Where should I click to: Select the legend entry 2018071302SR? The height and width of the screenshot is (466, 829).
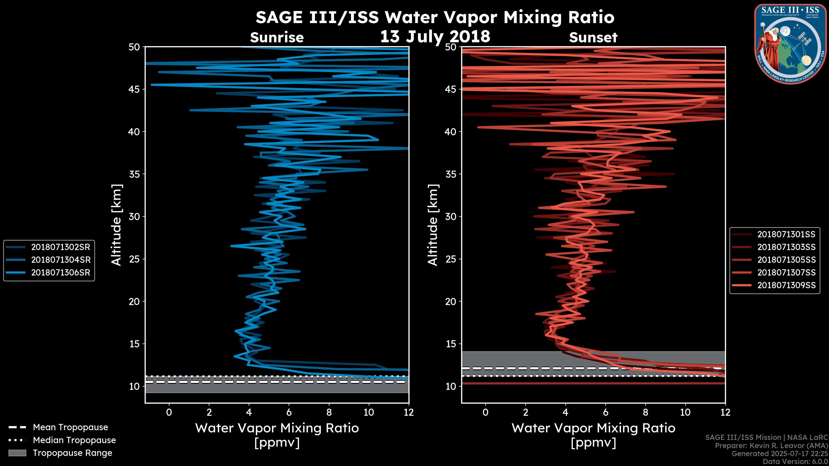tap(60, 247)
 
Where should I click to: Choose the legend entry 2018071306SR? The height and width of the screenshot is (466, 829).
tap(60, 272)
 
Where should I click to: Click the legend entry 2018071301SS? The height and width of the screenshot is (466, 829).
tap(786, 234)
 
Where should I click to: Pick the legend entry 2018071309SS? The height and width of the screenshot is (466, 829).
tap(786, 285)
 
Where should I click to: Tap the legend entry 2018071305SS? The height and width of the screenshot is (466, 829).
tap(786, 260)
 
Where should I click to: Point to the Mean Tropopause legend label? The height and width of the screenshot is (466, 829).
tap(70, 427)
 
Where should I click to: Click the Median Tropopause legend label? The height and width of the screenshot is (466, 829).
tap(74, 440)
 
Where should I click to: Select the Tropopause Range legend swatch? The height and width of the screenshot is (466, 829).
tap(17, 453)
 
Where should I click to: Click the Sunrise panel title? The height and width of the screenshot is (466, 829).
tap(277, 38)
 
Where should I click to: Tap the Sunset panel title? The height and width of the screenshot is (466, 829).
tap(593, 38)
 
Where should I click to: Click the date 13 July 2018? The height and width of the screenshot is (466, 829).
tap(435, 36)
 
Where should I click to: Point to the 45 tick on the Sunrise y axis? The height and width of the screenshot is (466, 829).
tap(134, 89)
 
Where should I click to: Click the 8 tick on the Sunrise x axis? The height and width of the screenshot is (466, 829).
tap(329, 412)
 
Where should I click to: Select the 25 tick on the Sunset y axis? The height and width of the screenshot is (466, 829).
tap(451, 259)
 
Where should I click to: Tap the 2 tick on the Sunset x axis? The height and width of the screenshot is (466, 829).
tap(525, 412)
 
